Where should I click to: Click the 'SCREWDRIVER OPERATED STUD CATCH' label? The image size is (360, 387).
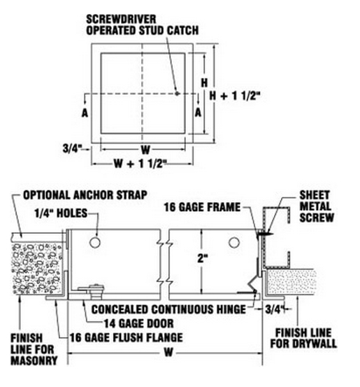143,25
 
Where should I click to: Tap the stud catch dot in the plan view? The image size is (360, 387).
177,94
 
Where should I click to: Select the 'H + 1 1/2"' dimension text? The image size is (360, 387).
235,96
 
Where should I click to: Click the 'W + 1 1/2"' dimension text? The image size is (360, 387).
140,163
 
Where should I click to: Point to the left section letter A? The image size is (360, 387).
85,113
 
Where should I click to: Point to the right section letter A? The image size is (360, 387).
198,113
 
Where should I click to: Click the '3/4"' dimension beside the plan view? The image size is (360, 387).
72,149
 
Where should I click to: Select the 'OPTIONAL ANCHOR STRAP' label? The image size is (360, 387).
85,195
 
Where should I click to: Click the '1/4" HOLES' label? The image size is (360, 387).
61,213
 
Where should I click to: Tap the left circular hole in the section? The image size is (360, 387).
95,243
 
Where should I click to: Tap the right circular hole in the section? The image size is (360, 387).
233,243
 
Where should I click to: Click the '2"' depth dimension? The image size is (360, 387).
203,258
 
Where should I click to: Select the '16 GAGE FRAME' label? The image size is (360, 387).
202,207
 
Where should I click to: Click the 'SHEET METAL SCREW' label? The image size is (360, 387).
317,206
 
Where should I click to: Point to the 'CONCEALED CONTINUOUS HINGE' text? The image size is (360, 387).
168,309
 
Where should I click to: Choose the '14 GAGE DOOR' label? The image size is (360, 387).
139,323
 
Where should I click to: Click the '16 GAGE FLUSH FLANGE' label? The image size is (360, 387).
127,337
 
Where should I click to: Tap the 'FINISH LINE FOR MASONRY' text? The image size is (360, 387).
34,349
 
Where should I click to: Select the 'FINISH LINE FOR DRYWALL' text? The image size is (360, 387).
303,339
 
